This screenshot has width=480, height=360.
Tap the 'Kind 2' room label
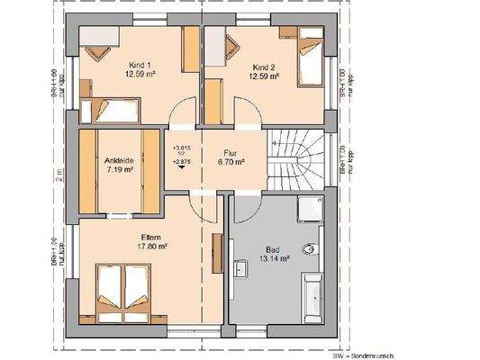(263, 66)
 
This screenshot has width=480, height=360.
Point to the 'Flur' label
(230, 152)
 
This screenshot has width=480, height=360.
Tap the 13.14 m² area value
(274, 258)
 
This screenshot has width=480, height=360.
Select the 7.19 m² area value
(120, 167)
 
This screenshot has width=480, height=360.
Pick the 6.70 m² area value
(230, 165)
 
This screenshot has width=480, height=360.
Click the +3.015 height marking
(181, 147)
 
